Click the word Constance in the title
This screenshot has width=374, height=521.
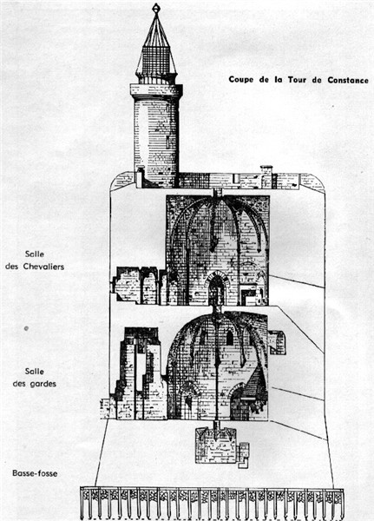[x=348, y=80]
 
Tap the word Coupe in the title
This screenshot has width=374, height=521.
[x=241, y=80]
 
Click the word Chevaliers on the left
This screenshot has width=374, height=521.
[x=43, y=267]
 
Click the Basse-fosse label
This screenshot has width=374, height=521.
[x=35, y=473]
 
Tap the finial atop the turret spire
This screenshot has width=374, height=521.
[x=156, y=9]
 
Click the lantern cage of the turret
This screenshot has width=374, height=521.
[x=156, y=61]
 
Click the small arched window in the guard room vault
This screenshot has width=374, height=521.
[x=229, y=338]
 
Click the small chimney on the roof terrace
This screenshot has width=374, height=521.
[x=266, y=176]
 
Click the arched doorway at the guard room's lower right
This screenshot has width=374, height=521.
[x=239, y=403]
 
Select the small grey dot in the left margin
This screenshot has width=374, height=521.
[x=26, y=328]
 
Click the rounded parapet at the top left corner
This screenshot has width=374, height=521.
[x=122, y=181]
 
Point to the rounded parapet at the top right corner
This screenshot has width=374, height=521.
[x=312, y=182]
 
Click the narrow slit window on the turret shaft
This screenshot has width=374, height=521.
[x=168, y=142]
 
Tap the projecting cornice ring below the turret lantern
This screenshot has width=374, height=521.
[x=156, y=90]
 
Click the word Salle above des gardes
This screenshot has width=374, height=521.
[x=35, y=372]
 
